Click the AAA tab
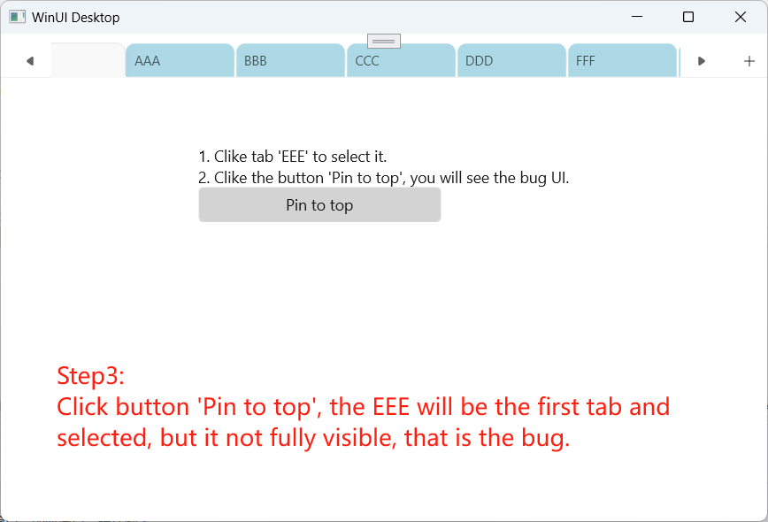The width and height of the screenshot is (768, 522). [x=180, y=61]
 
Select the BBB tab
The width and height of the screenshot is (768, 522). [x=290, y=61]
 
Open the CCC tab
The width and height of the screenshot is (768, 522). [x=401, y=61]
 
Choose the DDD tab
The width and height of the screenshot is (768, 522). [x=511, y=61]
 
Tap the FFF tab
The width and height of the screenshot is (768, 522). [x=623, y=61]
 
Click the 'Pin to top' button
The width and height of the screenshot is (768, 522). [x=319, y=205]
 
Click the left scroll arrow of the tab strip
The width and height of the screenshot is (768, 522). [x=30, y=61]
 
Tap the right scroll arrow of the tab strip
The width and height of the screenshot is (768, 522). [x=702, y=61]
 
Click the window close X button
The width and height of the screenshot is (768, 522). [x=741, y=17]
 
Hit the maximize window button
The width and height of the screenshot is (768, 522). [x=688, y=17]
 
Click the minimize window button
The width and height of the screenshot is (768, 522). [x=637, y=17]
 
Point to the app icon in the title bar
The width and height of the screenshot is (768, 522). [x=17, y=17]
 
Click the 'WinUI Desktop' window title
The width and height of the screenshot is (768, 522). [x=75, y=18]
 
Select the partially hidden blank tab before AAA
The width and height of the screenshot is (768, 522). [x=88, y=60]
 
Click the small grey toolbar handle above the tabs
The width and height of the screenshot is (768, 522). [x=384, y=41]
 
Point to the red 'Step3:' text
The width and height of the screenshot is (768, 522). [x=90, y=376]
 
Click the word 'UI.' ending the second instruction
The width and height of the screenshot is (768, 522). [x=560, y=177]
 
